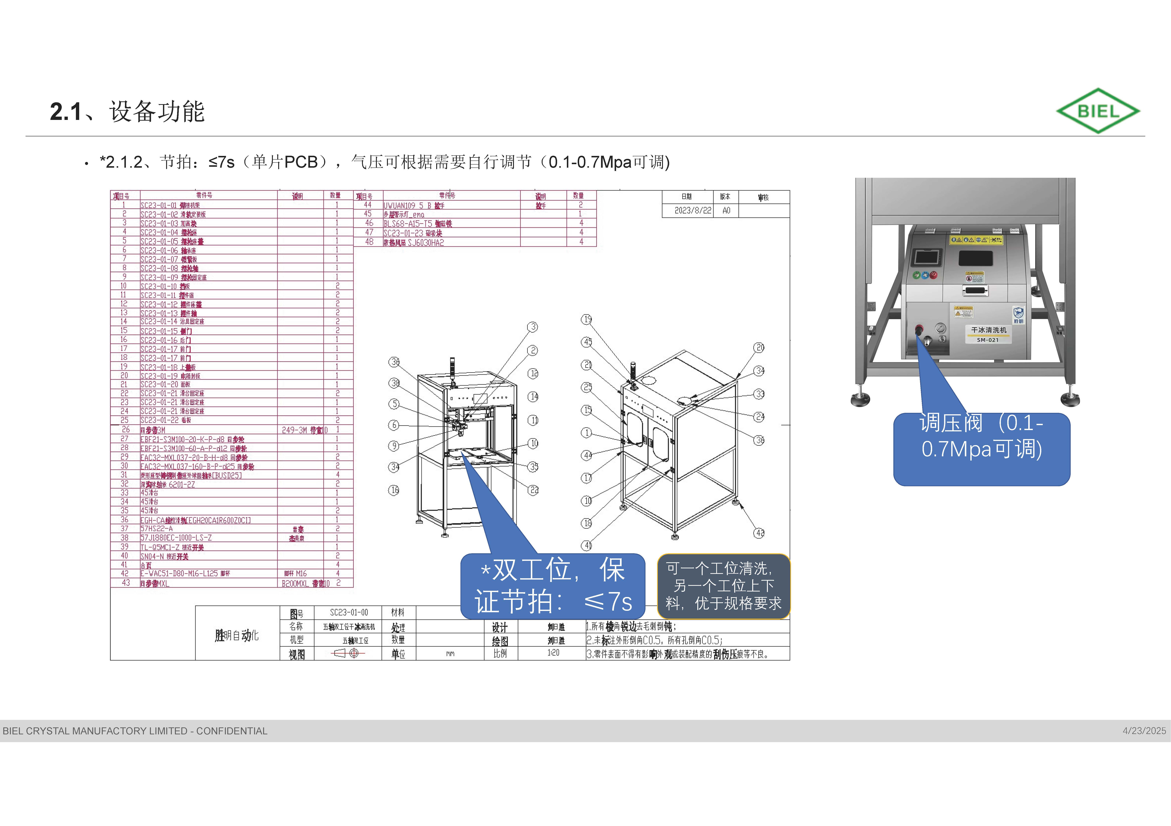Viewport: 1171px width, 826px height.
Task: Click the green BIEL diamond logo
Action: tap(1098, 111)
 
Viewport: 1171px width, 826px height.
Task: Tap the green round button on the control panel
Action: tap(917, 275)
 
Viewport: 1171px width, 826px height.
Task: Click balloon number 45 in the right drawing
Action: tap(587, 342)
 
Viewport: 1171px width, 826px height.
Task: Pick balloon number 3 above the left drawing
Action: tap(532, 327)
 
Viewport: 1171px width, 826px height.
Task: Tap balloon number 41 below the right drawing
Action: tap(587, 546)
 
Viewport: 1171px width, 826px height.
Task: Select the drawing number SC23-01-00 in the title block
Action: tap(348, 612)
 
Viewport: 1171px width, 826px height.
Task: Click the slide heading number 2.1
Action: tap(65, 112)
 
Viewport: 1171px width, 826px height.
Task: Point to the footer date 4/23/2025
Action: tap(1144, 731)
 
